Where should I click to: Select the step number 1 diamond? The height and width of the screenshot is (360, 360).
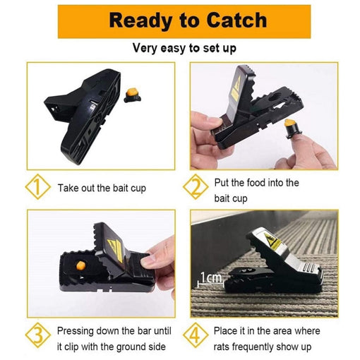(x=35, y=189)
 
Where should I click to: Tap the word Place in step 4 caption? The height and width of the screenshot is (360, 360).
(x=227, y=330)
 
